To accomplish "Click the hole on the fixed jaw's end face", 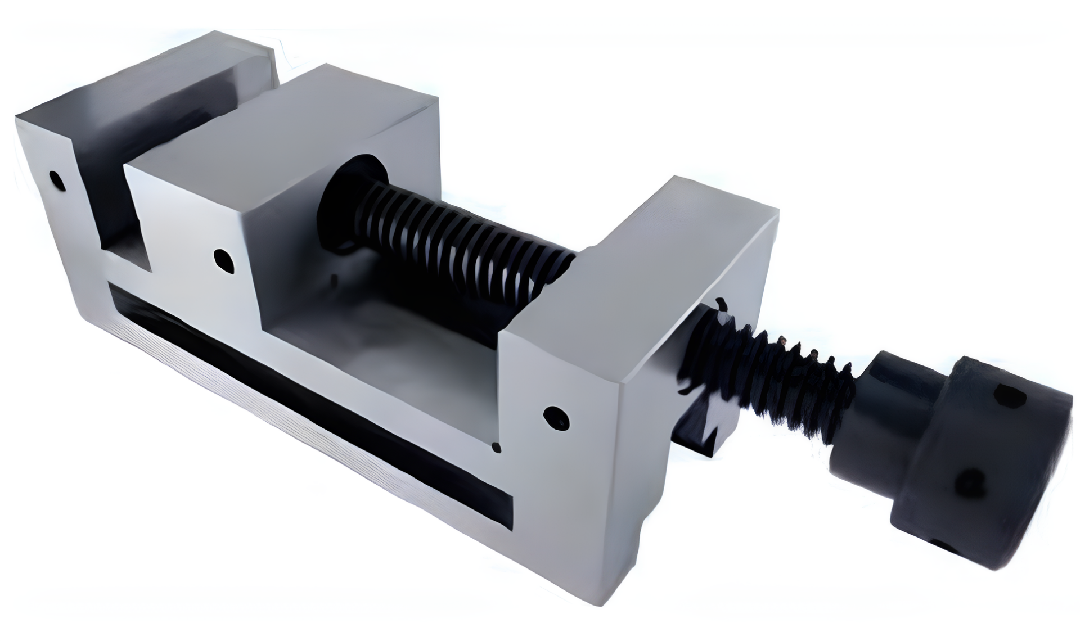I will coord(57,180).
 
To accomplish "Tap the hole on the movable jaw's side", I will coord(224,260).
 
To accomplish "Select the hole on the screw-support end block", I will coord(556,418).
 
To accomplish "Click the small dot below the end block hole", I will coord(496,448).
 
